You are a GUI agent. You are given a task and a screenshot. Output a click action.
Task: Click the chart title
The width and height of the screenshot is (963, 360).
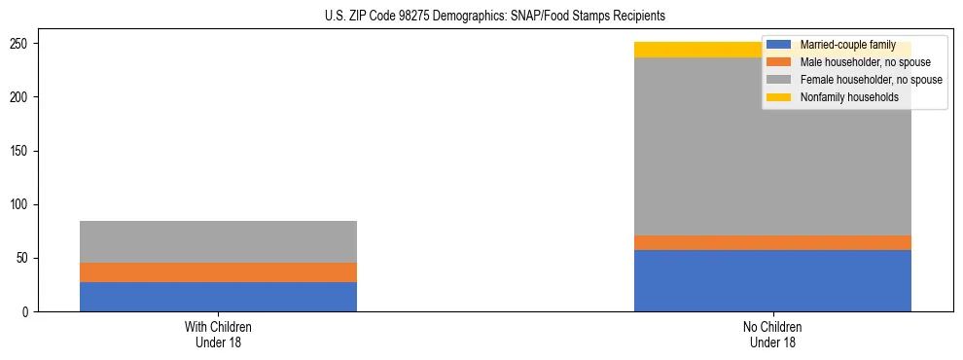point(494,17)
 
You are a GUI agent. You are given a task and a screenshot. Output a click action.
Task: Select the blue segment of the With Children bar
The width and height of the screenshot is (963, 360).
point(218,297)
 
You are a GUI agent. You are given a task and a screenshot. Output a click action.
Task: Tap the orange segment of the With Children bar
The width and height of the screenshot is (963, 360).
point(218,272)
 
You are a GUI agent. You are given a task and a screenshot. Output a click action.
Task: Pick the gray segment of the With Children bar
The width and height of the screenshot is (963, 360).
point(218,241)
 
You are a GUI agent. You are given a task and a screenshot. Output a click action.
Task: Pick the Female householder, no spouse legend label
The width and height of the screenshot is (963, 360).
point(871,80)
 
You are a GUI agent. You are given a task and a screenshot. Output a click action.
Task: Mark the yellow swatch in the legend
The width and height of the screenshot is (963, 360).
point(779,97)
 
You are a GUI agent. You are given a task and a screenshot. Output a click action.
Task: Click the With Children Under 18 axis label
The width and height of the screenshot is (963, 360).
point(218,334)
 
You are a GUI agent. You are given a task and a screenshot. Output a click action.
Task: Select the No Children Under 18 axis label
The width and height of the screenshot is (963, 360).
point(772,334)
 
